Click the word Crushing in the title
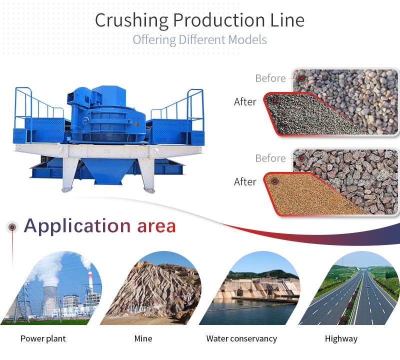[x=131, y=20]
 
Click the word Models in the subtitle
[x=247, y=40]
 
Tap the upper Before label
[x=270, y=78]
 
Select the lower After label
[x=245, y=181]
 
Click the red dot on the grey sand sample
[x=274, y=101]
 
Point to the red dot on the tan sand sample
[x=274, y=181]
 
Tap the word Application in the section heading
[x=77, y=226]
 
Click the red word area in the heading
[x=156, y=227]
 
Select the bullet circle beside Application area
[x=12, y=227]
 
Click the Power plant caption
[x=43, y=339]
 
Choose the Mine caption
[x=143, y=338]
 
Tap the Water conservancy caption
[x=241, y=339]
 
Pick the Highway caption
[x=341, y=339]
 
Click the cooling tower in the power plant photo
[x=50, y=300]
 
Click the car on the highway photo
[x=367, y=287]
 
